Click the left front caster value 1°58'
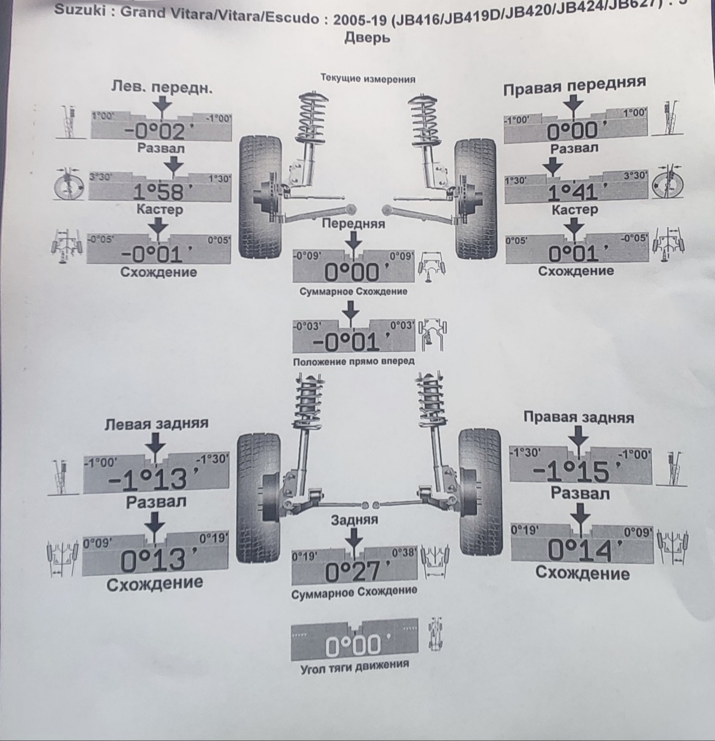click(x=158, y=193)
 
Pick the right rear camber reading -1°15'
click(x=572, y=471)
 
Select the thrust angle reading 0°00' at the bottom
click(x=353, y=646)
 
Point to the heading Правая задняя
click(x=578, y=417)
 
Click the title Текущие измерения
click(x=368, y=79)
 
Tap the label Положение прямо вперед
click(x=354, y=361)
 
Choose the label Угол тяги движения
click(x=355, y=665)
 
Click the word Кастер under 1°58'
click(x=159, y=210)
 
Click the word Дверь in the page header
click(x=367, y=37)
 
